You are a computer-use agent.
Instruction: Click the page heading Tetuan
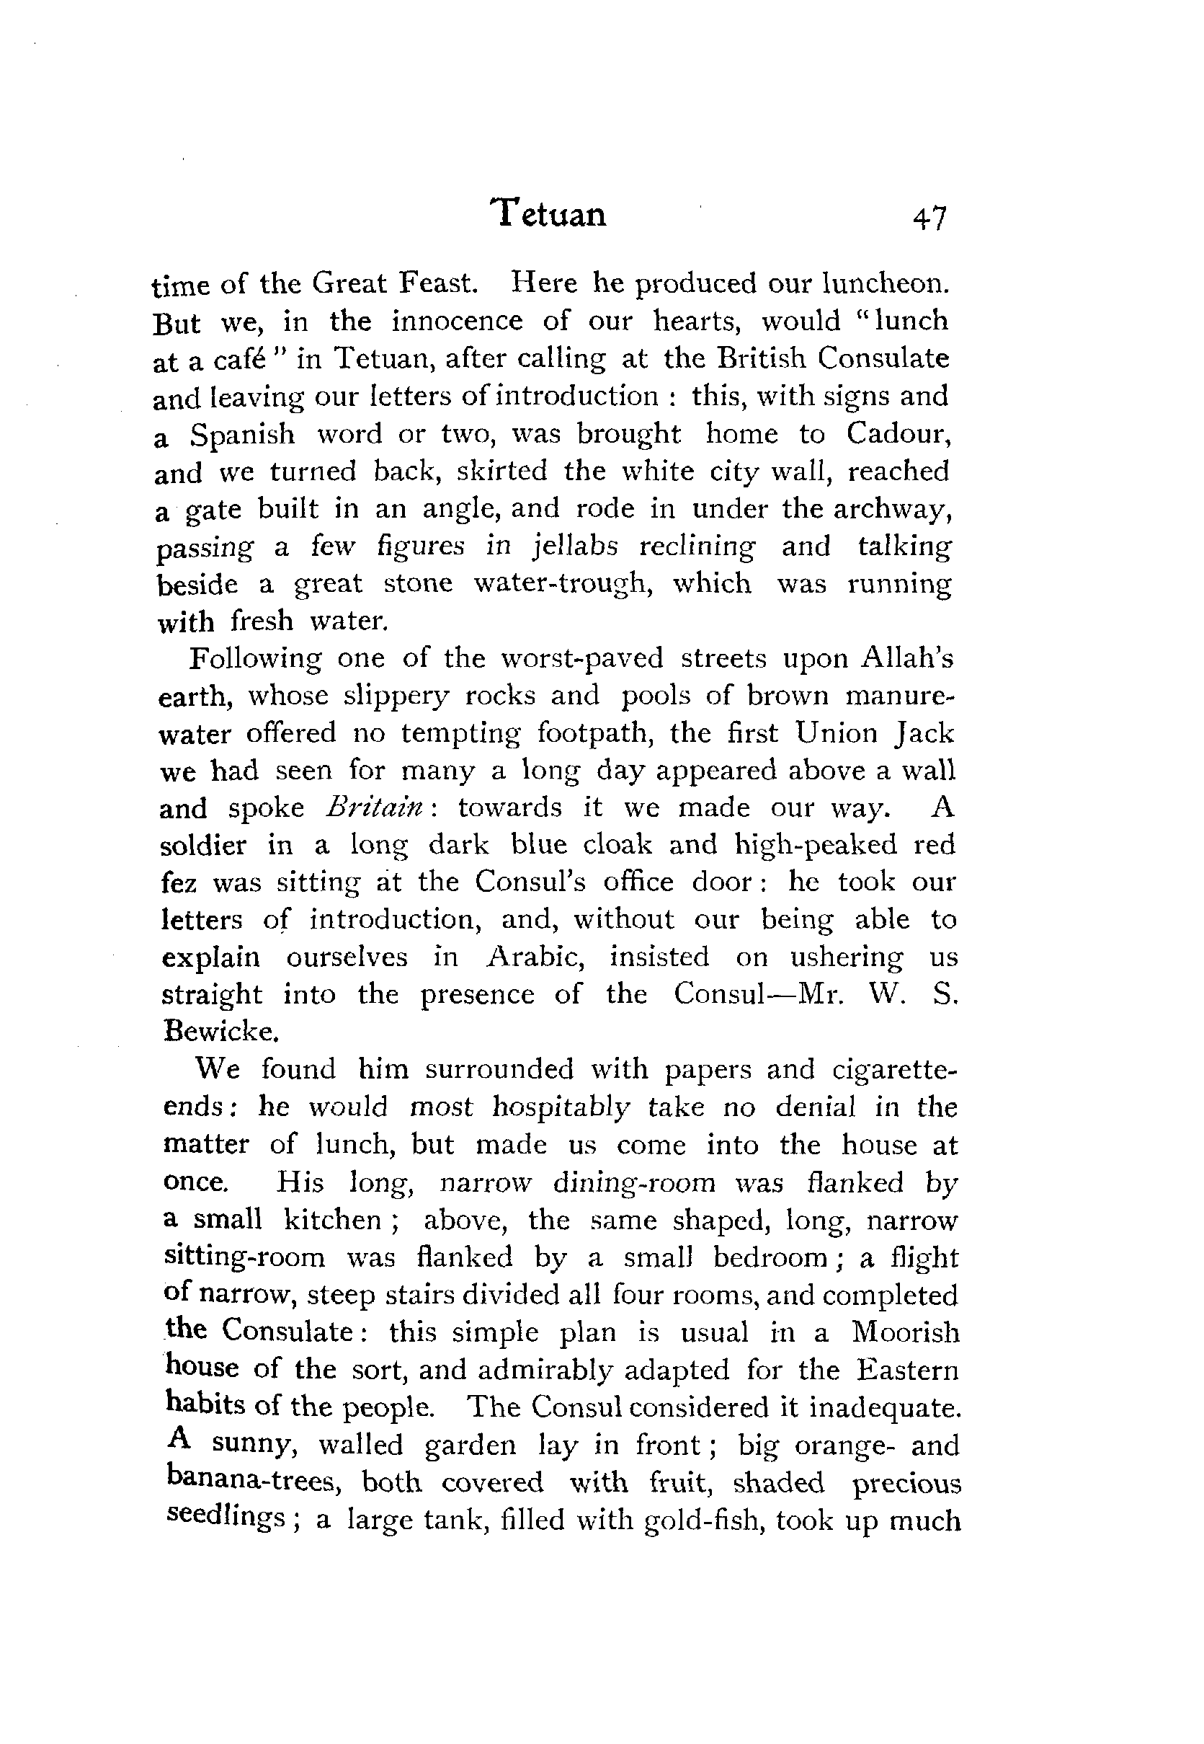(x=548, y=214)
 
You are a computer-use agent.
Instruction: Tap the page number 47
(x=929, y=219)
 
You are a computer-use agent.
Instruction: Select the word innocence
(x=456, y=321)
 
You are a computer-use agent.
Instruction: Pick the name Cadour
(x=897, y=434)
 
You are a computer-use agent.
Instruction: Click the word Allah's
(x=908, y=658)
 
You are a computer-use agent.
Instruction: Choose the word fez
(x=178, y=882)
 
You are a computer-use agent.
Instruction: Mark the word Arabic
(x=535, y=957)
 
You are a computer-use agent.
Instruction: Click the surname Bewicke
(x=211, y=1032)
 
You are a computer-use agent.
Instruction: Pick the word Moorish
(x=905, y=1332)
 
